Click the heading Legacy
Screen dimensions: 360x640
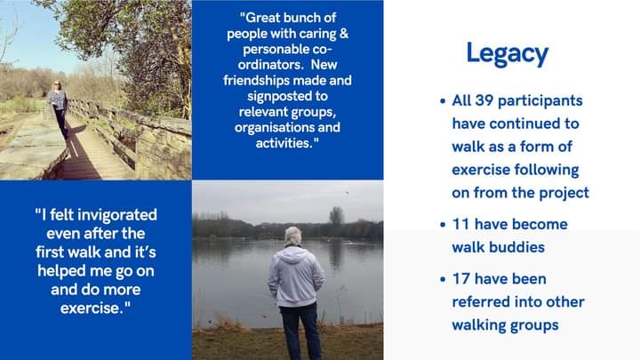point(507,53)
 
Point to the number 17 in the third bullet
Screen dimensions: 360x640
point(462,279)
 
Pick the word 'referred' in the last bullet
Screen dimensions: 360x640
point(481,301)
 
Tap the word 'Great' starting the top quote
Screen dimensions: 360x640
point(266,17)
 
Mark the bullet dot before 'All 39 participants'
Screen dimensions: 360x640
point(442,101)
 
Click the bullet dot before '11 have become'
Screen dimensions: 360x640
point(442,225)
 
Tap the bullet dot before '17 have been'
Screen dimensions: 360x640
point(442,280)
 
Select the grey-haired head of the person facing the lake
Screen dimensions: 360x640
point(292,236)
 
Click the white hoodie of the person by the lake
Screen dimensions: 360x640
point(294,276)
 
